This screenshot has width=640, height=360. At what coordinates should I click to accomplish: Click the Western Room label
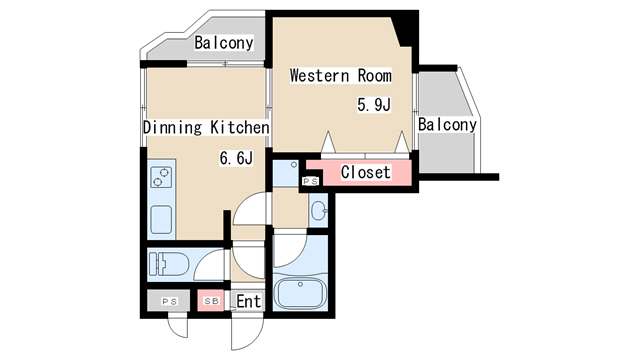click(340, 76)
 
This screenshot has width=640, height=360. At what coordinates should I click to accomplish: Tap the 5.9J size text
click(374, 105)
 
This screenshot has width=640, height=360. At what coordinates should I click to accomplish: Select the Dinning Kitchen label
click(206, 127)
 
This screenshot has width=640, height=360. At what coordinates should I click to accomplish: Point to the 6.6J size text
click(236, 158)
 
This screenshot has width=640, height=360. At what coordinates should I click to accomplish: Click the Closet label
click(366, 172)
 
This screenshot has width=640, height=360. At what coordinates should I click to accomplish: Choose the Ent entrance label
click(248, 302)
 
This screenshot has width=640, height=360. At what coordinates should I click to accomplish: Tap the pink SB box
click(211, 301)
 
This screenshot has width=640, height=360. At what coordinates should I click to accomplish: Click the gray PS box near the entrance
click(169, 301)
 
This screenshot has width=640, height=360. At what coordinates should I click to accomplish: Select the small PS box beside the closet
click(310, 181)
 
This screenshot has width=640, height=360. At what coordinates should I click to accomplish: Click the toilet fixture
click(169, 264)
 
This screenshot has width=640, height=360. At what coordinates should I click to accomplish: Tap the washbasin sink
click(319, 211)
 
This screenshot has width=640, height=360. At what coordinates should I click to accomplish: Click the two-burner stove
click(161, 178)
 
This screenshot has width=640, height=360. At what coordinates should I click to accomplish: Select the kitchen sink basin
click(161, 220)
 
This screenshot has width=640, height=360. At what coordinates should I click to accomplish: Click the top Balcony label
click(224, 42)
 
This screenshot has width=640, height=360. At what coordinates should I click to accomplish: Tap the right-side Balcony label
click(447, 124)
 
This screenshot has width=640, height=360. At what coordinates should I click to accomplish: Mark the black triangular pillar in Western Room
click(404, 29)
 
